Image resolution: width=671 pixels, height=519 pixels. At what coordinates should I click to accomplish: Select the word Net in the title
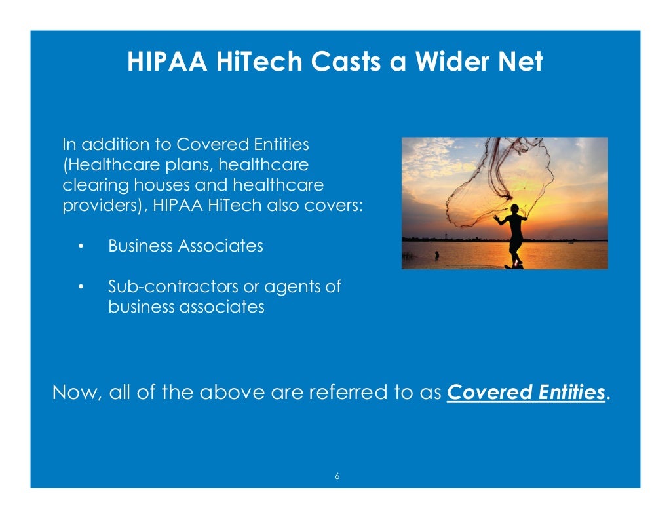pos(520,62)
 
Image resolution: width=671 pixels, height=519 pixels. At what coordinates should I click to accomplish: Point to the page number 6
pos(337,476)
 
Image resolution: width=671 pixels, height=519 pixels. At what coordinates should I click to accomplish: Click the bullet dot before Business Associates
pos(81,247)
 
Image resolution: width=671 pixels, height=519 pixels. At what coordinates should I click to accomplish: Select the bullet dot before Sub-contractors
pos(81,288)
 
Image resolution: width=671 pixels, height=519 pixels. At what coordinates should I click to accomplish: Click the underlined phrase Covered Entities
pos(526,393)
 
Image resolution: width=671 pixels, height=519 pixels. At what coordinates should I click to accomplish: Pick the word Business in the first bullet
pos(140,246)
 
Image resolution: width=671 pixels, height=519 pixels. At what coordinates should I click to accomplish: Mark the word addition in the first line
pos(109,144)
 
